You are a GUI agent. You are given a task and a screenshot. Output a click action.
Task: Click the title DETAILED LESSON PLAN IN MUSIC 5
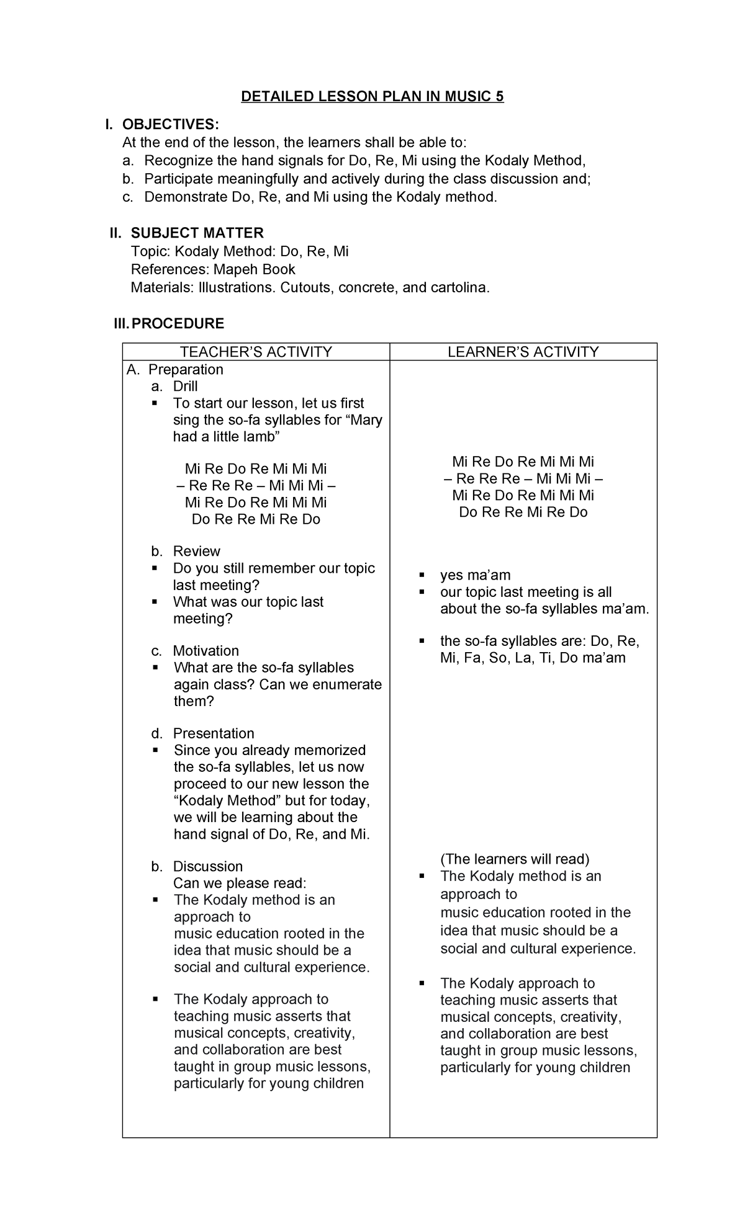coord(372,97)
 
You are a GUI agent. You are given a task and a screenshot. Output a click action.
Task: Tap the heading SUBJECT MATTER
coord(197,233)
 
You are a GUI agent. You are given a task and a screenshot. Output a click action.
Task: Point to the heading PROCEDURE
coord(178,324)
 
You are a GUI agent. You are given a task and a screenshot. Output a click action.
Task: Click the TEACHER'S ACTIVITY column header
coord(256,352)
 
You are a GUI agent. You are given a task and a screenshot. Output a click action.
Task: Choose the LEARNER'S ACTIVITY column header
coord(523,352)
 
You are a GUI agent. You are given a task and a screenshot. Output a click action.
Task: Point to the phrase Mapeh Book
coord(255,270)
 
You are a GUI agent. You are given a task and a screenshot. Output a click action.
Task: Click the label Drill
coord(185,387)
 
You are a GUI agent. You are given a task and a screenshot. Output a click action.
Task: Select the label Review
coord(196,552)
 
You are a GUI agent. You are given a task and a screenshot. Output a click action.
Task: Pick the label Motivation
coord(205,651)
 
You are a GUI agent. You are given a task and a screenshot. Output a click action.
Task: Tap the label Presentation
coord(214,733)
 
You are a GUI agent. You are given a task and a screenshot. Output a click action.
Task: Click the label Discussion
coord(207,867)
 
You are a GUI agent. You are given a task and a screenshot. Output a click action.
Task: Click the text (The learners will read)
coord(515,859)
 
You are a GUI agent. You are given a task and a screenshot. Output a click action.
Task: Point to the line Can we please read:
coord(240,884)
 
